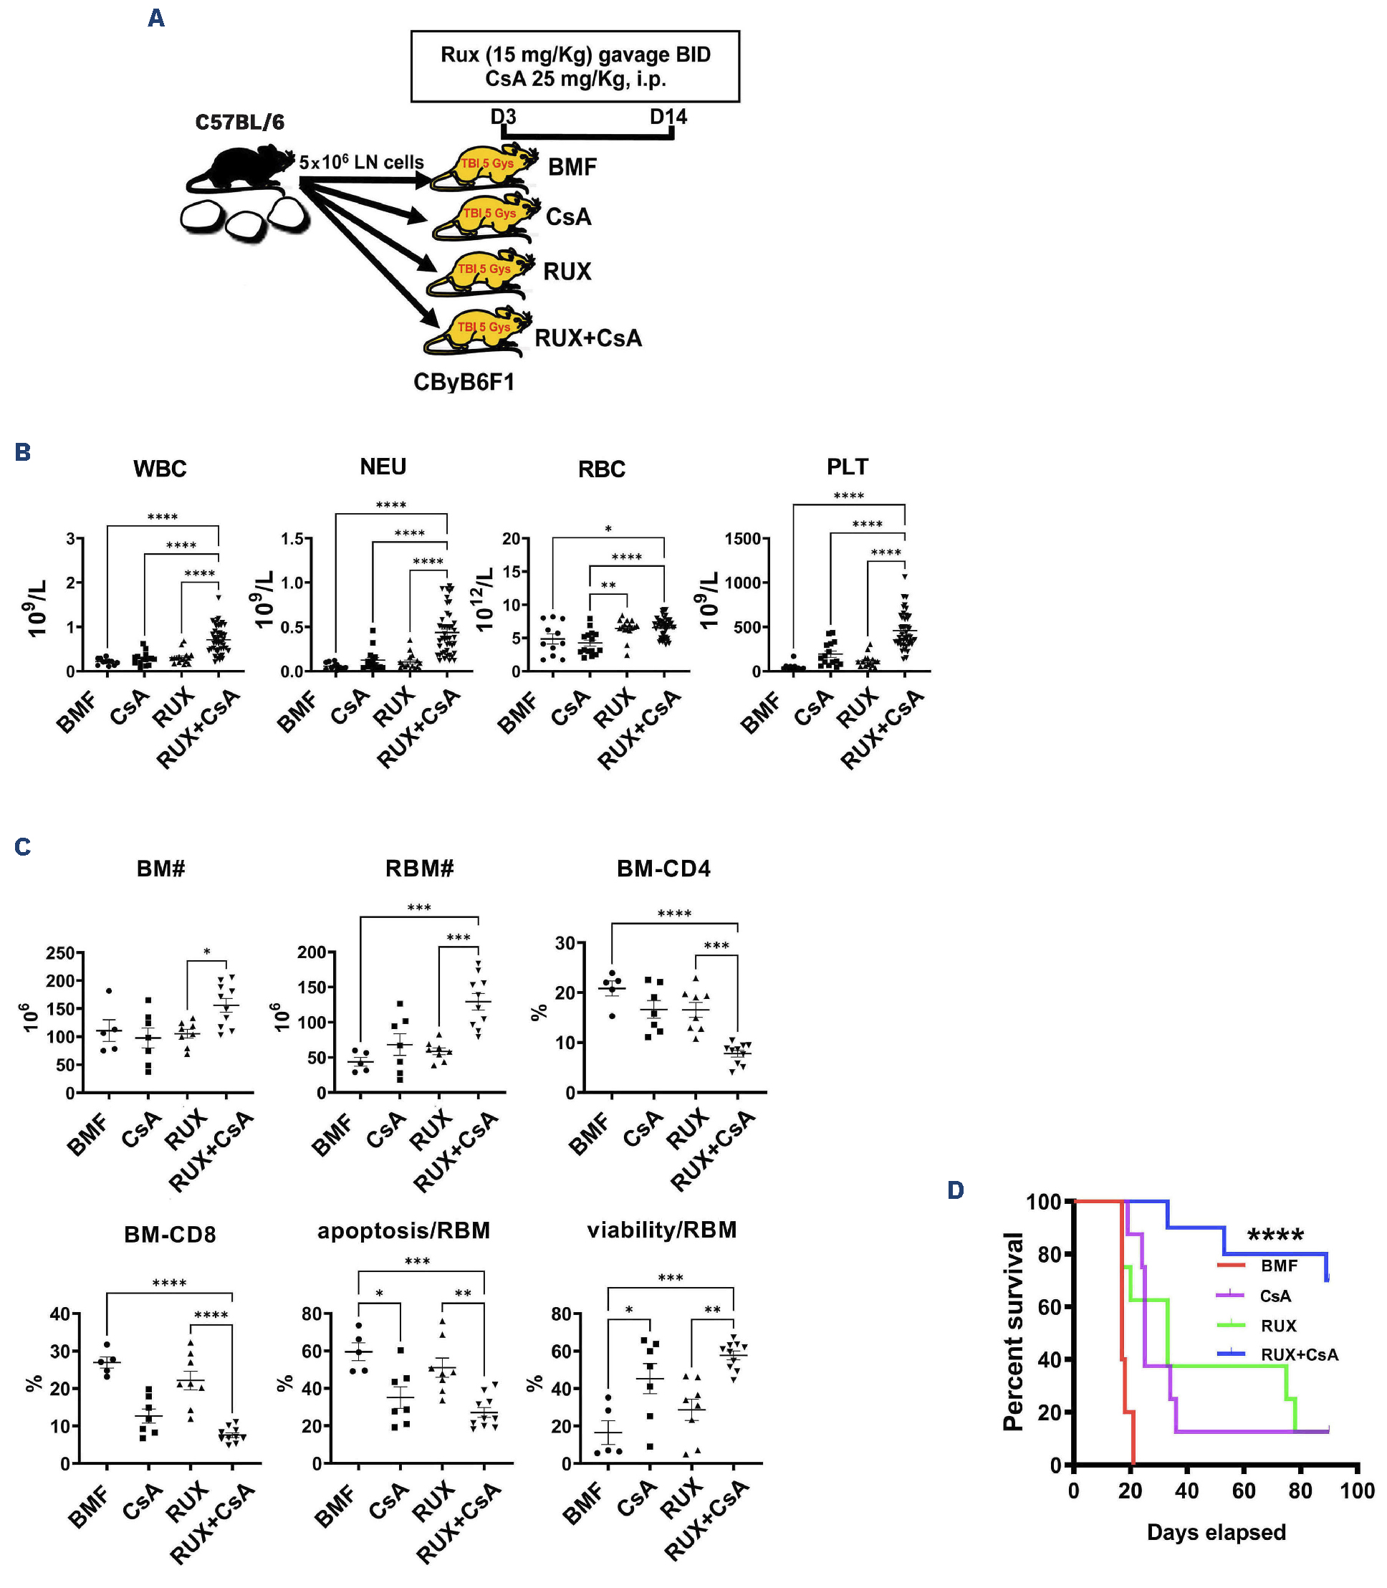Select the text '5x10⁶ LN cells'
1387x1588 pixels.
362,163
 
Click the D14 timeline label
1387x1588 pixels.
668,117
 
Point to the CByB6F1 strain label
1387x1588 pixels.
464,383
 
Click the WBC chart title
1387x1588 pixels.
160,469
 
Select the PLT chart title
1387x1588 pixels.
848,467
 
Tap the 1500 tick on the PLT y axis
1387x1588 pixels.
742,539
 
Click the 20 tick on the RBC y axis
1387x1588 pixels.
511,539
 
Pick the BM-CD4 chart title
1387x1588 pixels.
663,869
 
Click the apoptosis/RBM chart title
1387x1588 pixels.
403,1231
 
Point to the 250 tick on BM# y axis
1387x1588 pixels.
60,953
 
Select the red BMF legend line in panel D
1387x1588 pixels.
1231,1266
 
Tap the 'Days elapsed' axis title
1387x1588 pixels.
1216,1532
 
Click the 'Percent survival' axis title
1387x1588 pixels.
1013,1331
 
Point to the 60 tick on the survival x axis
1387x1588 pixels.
1244,1491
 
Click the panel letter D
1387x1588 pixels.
956,1190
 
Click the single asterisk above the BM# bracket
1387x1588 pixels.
206,952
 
